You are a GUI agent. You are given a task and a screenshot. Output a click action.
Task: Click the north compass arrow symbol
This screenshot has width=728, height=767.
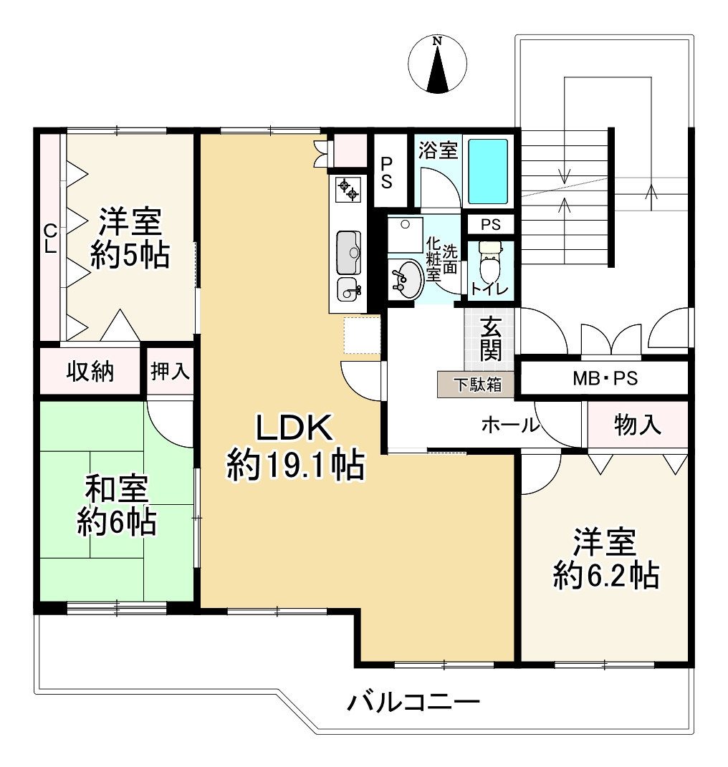click(437, 66)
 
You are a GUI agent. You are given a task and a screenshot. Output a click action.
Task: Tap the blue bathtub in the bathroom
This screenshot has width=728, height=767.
click(488, 172)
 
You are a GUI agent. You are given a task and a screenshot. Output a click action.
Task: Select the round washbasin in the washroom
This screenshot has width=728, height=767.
click(406, 278)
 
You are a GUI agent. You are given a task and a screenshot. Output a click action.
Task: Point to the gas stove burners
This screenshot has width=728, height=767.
click(347, 190)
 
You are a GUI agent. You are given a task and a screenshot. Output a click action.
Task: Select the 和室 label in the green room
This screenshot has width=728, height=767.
click(117, 491)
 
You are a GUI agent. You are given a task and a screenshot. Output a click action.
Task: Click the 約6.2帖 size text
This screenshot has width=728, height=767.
click(605, 575)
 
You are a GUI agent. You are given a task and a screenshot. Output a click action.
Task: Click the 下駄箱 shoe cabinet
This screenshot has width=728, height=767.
click(475, 385)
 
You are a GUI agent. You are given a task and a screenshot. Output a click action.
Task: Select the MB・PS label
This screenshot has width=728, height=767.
click(604, 378)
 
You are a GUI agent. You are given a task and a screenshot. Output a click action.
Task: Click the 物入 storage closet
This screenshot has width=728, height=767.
click(637, 425)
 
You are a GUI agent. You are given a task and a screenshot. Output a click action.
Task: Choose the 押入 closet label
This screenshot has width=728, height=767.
click(170, 371)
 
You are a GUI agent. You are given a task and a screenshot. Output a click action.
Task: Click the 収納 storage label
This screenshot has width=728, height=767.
click(90, 371)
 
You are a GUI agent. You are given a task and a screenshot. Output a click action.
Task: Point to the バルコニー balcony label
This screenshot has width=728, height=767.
click(413, 703)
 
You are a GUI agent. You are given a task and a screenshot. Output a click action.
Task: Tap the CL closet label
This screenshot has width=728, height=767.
click(50, 239)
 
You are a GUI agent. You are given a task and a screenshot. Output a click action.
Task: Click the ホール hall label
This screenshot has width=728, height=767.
click(509, 425)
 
